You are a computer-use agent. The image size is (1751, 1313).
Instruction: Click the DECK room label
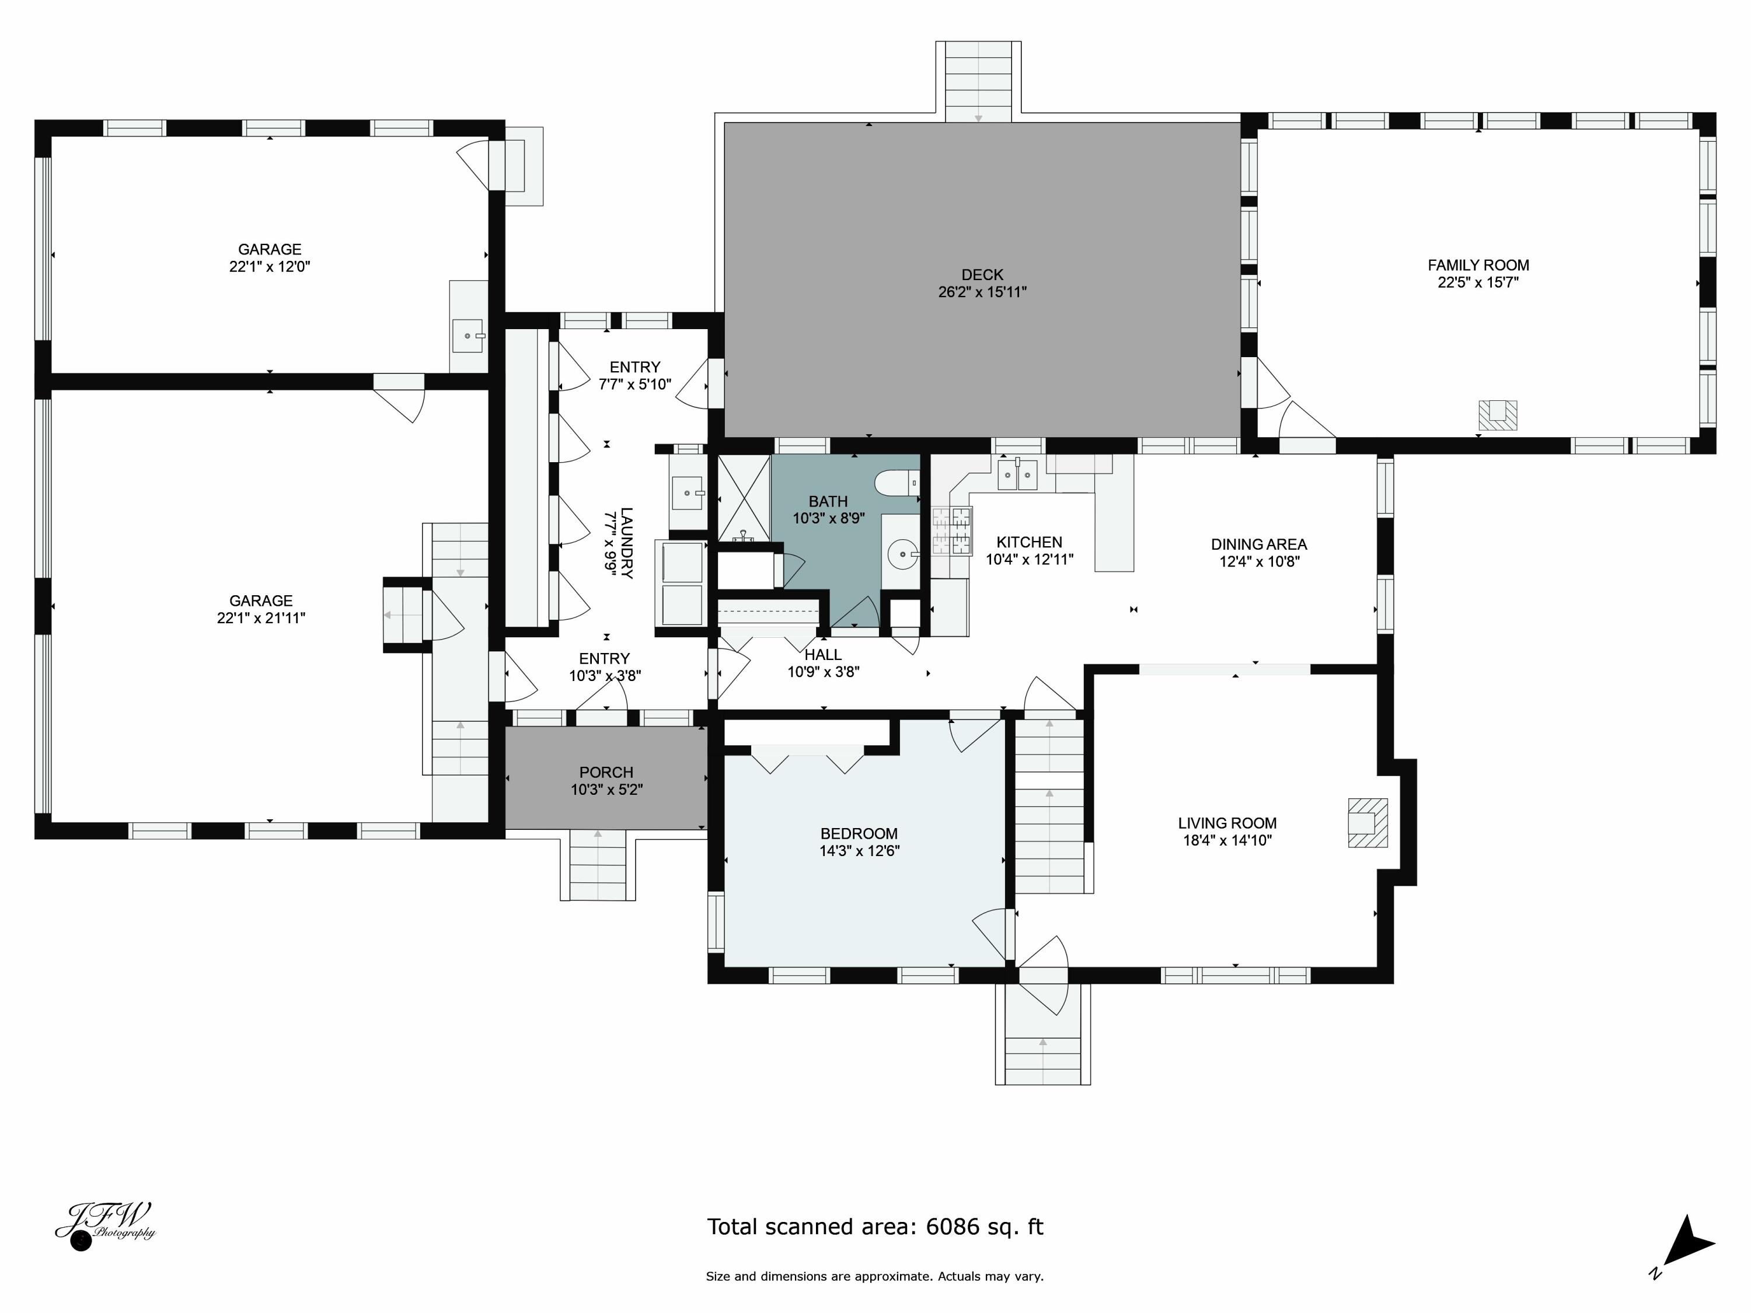pyautogui.click(x=982, y=275)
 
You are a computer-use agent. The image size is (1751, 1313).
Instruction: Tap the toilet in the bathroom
pyautogui.click(x=898, y=482)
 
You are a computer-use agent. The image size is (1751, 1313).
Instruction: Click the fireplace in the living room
pyautogui.click(x=1367, y=823)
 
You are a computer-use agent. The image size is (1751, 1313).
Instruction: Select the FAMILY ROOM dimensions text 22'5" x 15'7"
pyautogui.click(x=1478, y=282)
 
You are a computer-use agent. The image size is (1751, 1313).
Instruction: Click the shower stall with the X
pyautogui.click(x=744, y=498)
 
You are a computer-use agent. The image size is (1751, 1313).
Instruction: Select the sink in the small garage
pyautogui.click(x=469, y=336)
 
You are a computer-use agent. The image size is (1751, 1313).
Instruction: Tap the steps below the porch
pyautogui.click(x=598, y=864)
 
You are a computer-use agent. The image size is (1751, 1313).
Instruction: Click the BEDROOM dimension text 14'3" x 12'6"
pyautogui.click(x=859, y=851)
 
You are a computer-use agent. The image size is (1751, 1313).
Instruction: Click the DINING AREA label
pyautogui.click(x=1258, y=544)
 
